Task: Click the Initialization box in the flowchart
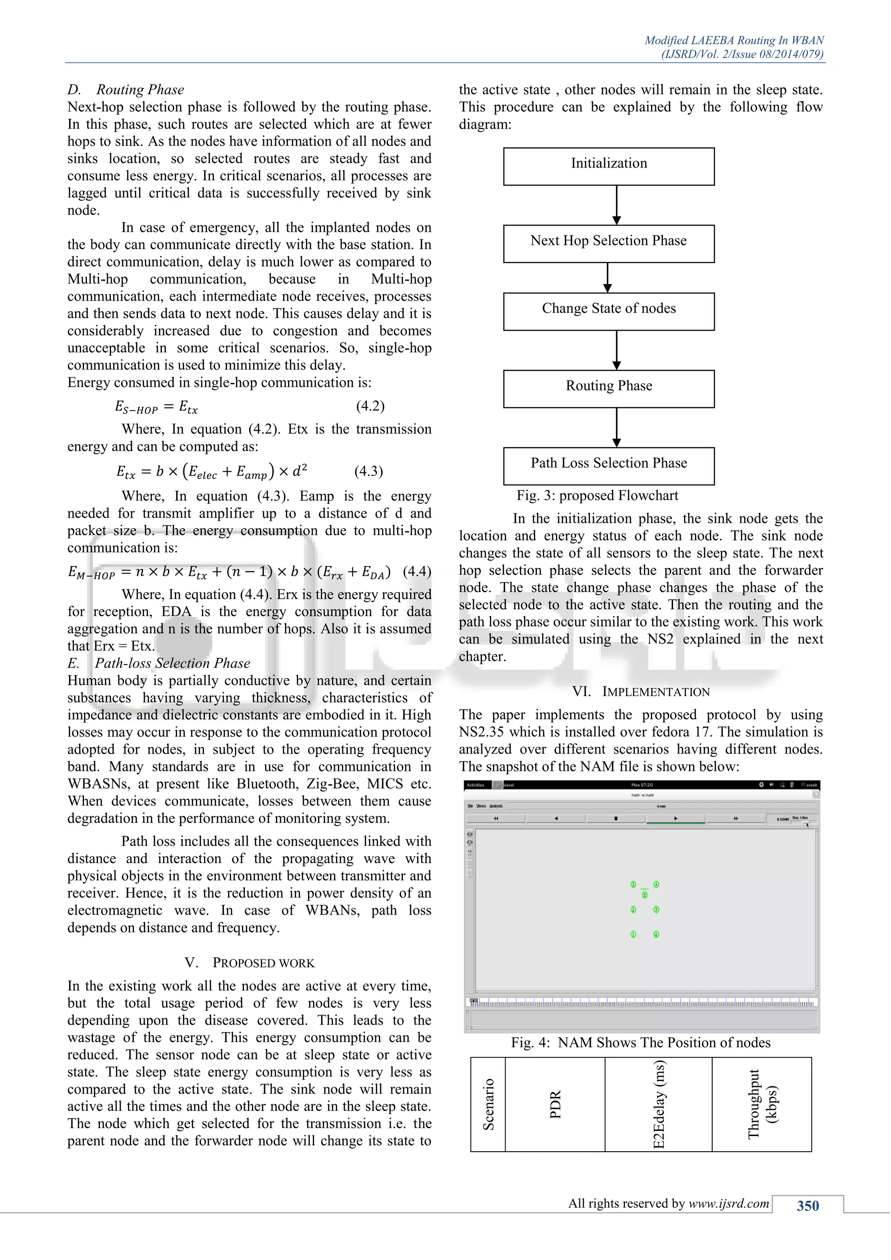(x=609, y=166)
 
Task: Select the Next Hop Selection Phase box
(x=609, y=243)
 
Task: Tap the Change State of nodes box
(x=609, y=311)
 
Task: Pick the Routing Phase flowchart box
(x=609, y=389)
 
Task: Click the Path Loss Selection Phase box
(x=609, y=466)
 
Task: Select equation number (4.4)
(x=417, y=571)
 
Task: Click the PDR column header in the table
(x=555, y=1104)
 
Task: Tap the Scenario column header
(x=488, y=1104)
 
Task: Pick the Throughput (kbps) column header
(x=761, y=1104)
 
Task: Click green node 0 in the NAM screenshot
(x=645, y=895)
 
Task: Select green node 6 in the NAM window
(x=656, y=934)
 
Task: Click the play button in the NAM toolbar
(x=675, y=818)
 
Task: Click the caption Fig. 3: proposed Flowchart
(x=597, y=496)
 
